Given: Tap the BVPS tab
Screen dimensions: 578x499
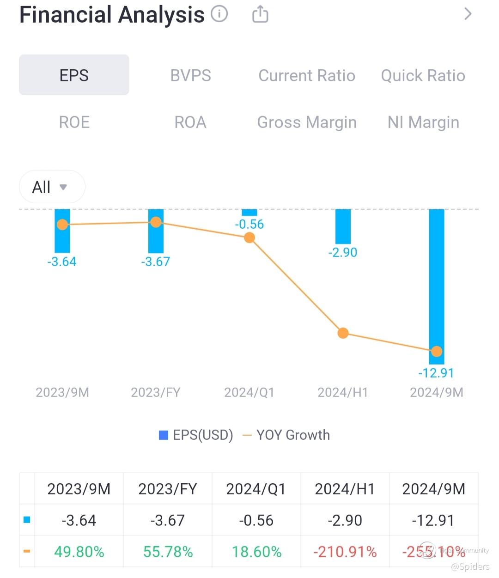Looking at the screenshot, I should pos(190,75).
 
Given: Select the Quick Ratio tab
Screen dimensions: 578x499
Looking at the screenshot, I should pos(423,75).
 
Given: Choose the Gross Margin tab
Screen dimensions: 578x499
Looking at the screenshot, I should pos(307,122).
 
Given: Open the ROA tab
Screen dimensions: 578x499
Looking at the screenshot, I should pos(190,122).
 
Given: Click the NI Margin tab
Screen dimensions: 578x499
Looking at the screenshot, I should pos(423,122).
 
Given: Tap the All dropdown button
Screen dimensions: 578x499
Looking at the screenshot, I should pos(52,187).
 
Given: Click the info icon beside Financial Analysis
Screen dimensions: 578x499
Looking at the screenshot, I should pos(219,14).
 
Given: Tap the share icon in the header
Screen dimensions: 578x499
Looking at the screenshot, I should pos(260,14).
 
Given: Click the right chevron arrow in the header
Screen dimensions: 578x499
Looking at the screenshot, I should pos(468,14).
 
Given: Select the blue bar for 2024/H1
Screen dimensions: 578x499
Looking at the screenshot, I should pos(343,226).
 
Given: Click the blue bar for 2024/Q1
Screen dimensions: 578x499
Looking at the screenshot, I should pos(249,213).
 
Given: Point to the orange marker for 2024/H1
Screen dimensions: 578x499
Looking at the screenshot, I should pos(343,333).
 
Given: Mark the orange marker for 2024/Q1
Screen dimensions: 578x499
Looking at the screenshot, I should pos(249,237).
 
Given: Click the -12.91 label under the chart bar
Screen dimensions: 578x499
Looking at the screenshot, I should pos(436,373).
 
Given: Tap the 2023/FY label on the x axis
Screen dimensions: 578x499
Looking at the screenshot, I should pos(156,392).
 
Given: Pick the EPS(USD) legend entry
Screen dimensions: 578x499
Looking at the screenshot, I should pos(196,435).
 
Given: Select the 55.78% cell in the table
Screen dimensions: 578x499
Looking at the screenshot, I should pos(168,552).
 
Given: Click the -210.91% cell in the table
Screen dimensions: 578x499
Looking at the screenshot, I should pos(345,552).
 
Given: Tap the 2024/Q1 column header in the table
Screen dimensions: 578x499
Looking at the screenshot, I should pos(256,489).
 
